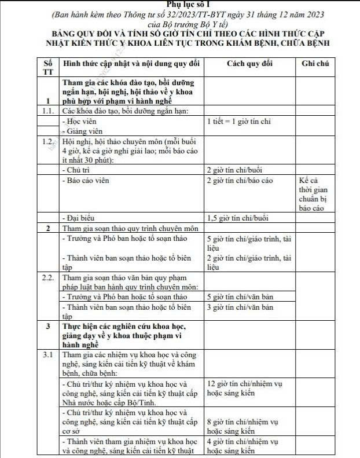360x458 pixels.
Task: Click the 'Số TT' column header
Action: click(x=47, y=67)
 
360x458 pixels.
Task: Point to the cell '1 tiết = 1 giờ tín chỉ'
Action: click(x=238, y=122)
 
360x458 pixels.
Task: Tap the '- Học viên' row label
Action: click(x=79, y=122)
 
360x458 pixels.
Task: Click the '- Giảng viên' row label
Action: click(x=82, y=131)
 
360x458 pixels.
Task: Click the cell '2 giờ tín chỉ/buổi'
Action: click(x=236, y=170)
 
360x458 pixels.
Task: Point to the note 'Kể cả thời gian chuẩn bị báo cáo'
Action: click(x=312, y=194)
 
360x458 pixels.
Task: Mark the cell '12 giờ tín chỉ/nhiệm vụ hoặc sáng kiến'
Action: click(x=244, y=389)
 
